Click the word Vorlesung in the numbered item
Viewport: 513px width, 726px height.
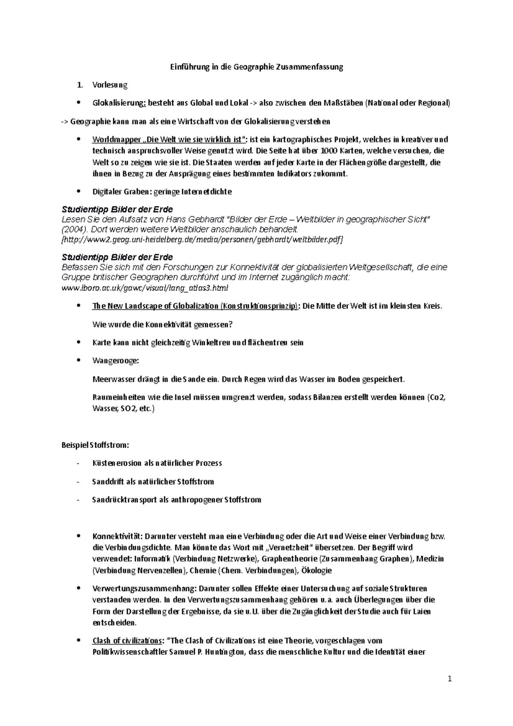(x=110, y=85)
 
